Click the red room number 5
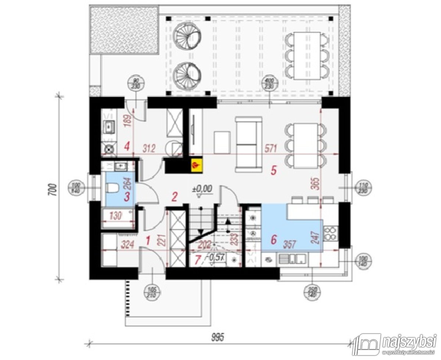pyautogui.click(x=273, y=170)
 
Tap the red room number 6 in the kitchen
pyautogui.click(x=273, y=239)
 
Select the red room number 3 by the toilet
pyautogui.click(x=127, y=197)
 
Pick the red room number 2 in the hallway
pyautogui.click(x=175, y=197)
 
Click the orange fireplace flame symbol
pyautogui.click(x=196, y=165)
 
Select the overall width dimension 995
pyautogui.click(x=216, y=336)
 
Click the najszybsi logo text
pyautogui.click(x=409, y=341)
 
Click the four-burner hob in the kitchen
pyautogui.click(x=330, y=233)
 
